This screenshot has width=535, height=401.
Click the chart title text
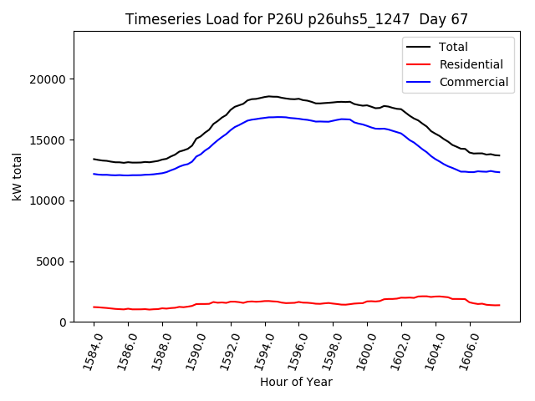pyautogui.click(x=296, y=18)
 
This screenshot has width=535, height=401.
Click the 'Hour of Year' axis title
pyautogui.click(x=296, y=382)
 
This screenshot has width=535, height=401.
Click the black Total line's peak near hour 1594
pyautogui.click(x=267, y=96)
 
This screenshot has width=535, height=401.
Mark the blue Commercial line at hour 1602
pyautogui.click(x=401, y=134)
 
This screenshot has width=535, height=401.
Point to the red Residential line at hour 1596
pyautogui.click(x=299, y=302)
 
